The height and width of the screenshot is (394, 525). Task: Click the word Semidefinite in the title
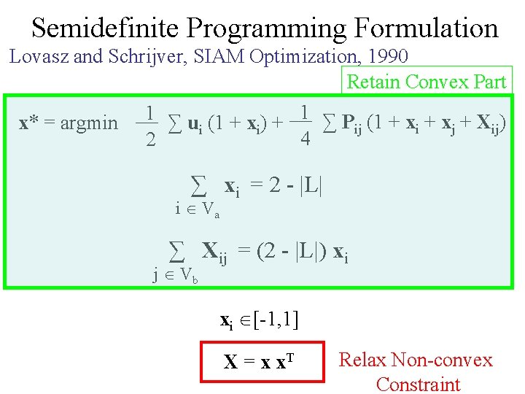click(106, 28)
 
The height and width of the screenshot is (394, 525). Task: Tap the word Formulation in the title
click(427, 28)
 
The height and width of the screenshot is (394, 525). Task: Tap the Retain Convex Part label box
click(427, 82)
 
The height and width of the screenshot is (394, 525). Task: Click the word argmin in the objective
click(88, 123)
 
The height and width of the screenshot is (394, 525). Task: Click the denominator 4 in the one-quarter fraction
click(306, 139)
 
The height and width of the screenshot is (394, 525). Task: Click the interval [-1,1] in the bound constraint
click(280, 320)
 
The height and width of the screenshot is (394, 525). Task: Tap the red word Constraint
click(418, 384)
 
